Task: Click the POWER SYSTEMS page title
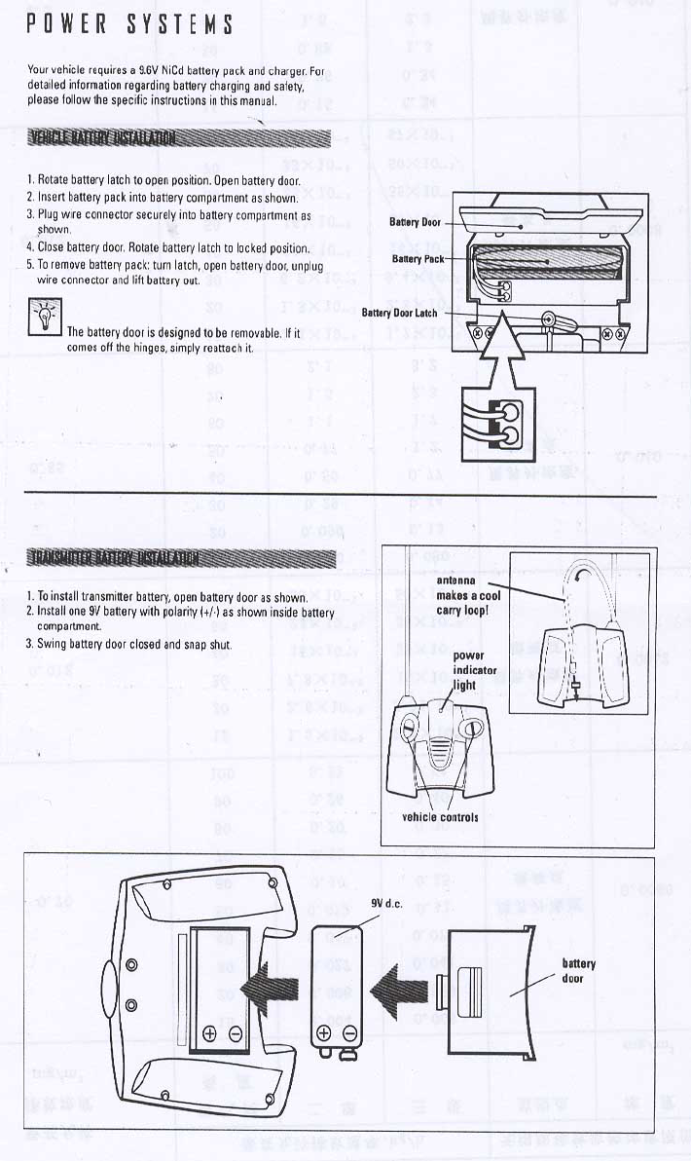[129, 24]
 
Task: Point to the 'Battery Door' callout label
[416, 222]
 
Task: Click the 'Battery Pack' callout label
[418, 259]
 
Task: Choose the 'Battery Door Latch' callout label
[400, 313]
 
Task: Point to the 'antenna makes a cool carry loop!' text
[468, 595]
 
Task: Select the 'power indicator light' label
[475, 670]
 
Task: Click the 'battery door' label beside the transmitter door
[579, 970]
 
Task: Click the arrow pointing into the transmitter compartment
[268, 989]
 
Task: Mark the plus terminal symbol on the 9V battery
[324, 1033]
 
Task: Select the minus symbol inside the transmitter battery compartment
[235, 1034]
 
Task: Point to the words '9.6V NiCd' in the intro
[167, 71]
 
